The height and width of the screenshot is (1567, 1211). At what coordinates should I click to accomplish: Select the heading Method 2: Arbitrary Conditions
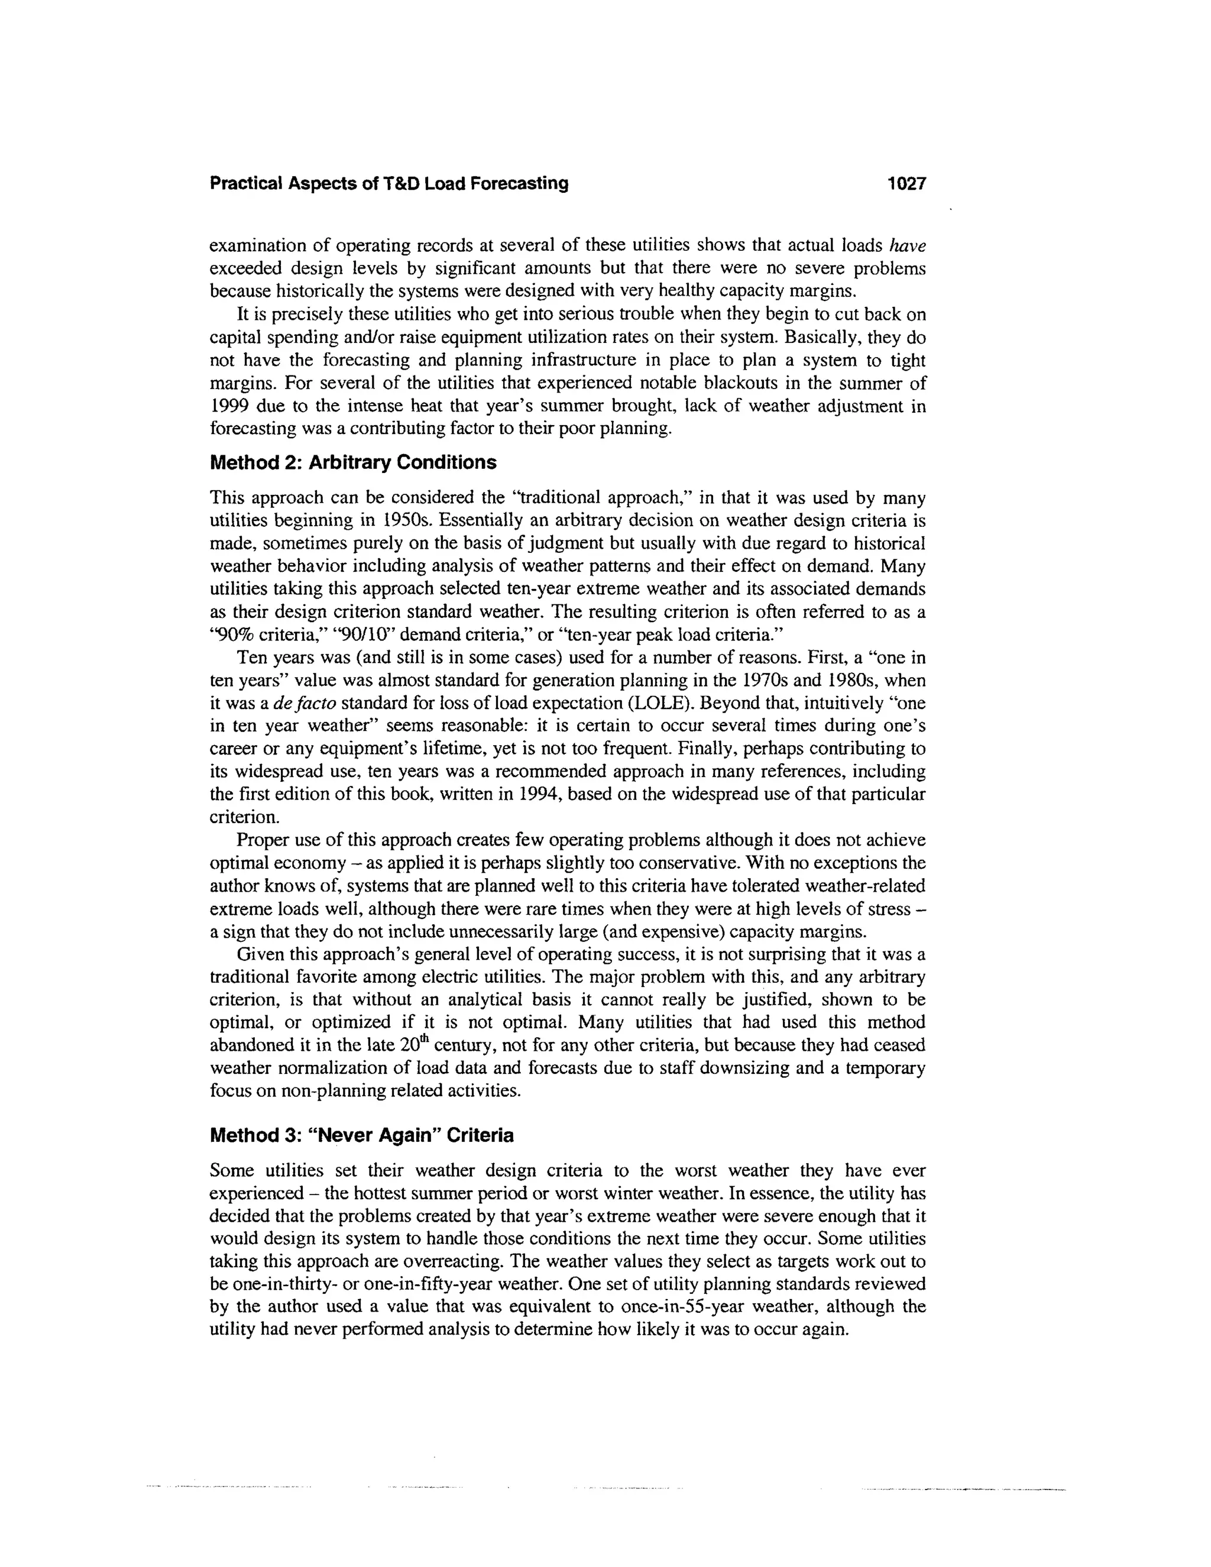[352, 463]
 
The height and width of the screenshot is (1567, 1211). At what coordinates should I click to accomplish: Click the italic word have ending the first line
[908, 245]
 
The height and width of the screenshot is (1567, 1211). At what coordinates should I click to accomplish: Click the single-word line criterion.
[244, 817]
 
